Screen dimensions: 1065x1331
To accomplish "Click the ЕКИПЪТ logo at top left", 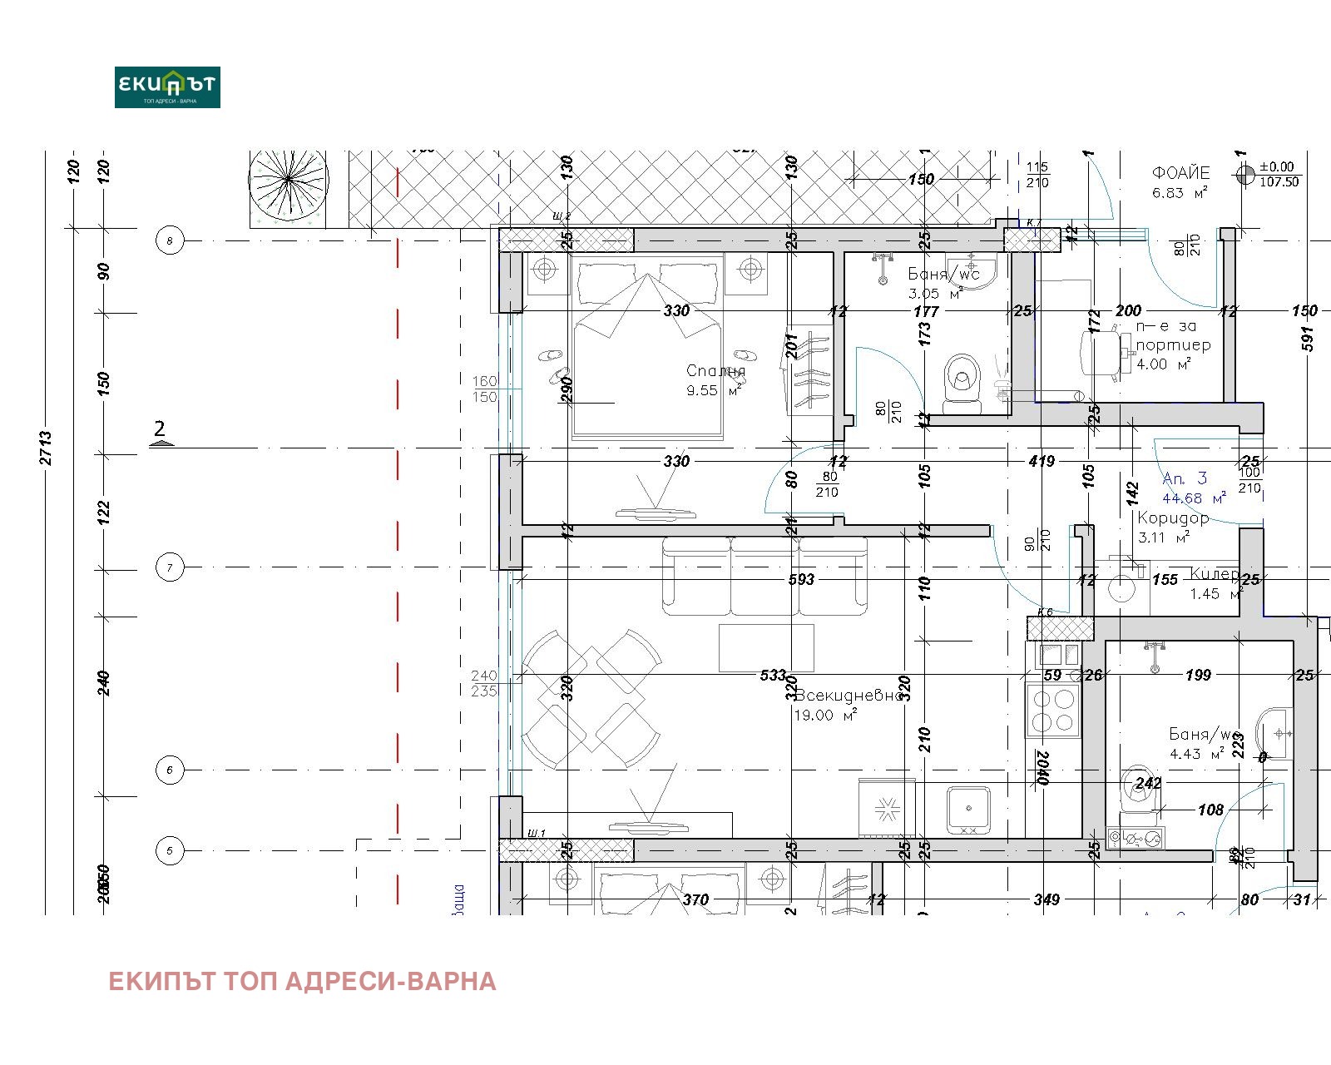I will [167, 87].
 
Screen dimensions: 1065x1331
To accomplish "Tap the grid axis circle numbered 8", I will [170, 241].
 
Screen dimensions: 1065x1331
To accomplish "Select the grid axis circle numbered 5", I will [170, 851].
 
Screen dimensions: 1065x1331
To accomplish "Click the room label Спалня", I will [715, 371].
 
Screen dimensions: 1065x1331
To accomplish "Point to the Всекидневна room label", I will [849, 696].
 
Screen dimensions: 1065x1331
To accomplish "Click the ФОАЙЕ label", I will [1180, 173].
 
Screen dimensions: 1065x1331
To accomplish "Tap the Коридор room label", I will [1173, 518].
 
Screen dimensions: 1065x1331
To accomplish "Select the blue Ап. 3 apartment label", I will [1184, 478].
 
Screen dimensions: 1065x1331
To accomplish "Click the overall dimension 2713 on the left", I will [47, 448].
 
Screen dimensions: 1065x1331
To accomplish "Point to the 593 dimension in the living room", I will [801, 579].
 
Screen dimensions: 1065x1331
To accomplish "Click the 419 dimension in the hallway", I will [1042, 461].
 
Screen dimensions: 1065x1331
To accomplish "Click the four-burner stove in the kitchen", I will [1052, 710].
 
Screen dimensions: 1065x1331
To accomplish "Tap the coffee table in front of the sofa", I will [766, 647].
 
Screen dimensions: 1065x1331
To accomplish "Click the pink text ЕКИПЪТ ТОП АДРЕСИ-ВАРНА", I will [302, 982].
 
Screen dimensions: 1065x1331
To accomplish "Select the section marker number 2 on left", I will [160, 429].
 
